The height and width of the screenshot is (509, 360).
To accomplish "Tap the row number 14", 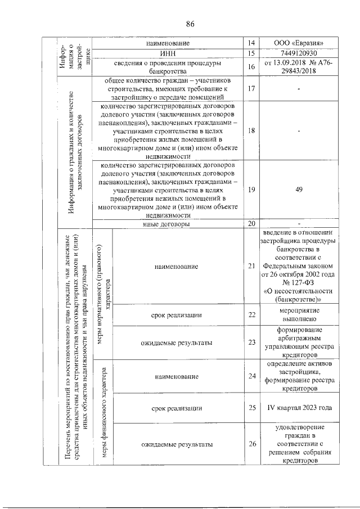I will [x=251, y=43].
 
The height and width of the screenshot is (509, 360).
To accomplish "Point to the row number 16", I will [x=251, y=67].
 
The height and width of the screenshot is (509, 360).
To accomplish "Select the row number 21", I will [x=251, y=265].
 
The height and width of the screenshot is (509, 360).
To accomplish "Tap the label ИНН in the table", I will [x=168, y=53].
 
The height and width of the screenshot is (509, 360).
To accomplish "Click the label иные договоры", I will [x=168, y=224].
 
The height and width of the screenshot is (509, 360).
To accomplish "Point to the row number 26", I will [x=251, y=444].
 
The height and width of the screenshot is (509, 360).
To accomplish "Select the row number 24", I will [x=251, y=376].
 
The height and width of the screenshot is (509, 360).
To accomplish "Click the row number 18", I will [x=251, y=130].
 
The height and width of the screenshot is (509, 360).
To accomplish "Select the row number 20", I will [x=251, y=224].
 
